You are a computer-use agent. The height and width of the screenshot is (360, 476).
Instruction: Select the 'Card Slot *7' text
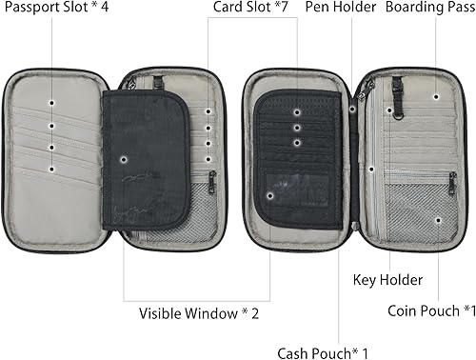[x=250, y=11]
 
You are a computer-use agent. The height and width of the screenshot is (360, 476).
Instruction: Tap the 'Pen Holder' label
[x=340, y=11]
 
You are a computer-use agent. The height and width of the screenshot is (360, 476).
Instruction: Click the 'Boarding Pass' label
[x=426, y=11]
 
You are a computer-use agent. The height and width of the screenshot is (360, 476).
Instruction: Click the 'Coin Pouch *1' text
[x=431, y=310]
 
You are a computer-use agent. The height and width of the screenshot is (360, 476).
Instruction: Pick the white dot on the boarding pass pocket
[x=436, y=95]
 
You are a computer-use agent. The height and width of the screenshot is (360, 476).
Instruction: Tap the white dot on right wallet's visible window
[x=271, y=195]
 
